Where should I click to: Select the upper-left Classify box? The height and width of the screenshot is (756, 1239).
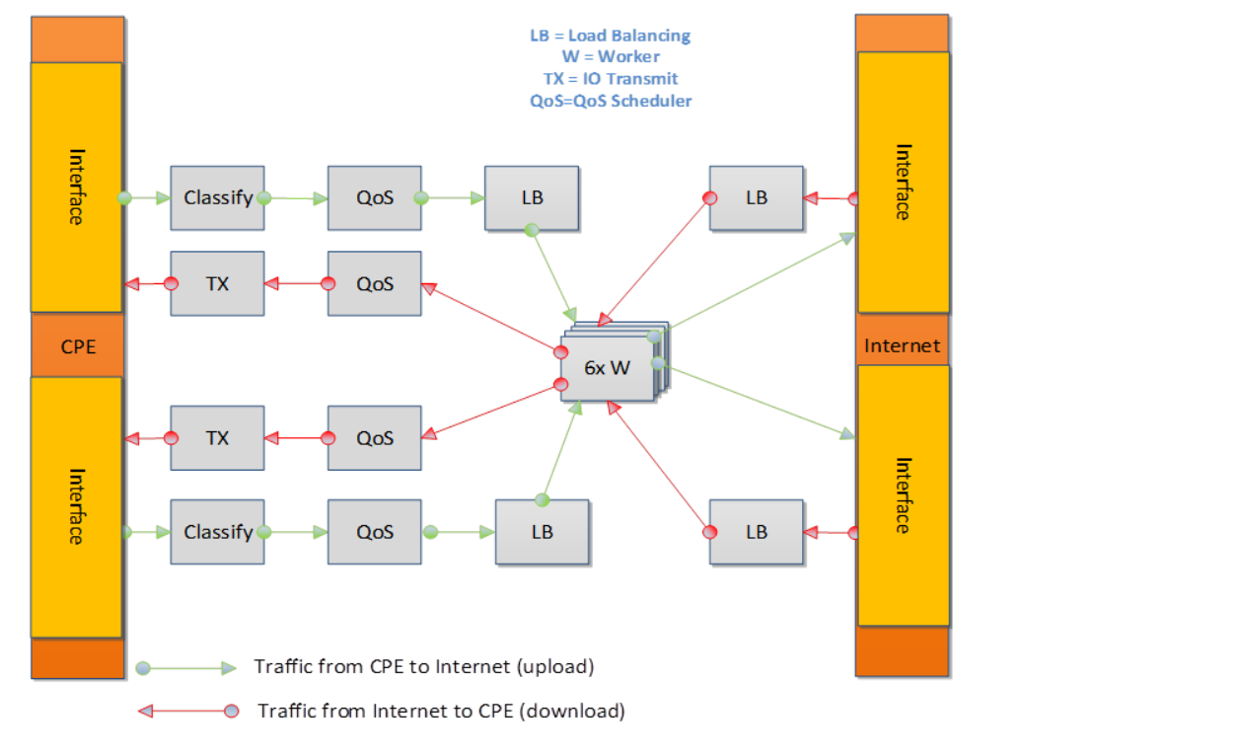(217, 197)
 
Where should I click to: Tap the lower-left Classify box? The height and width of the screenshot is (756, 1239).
(217, 532)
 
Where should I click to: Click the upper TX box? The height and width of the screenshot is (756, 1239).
(217, 283)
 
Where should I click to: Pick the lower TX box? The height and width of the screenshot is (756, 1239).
(217, 437)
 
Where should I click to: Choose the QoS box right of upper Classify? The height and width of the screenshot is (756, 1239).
(375, 197)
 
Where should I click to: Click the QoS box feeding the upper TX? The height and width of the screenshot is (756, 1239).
(375, 283)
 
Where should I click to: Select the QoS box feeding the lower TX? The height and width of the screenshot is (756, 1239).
(375, 437)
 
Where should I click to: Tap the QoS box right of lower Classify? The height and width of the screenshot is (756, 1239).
(375, 532)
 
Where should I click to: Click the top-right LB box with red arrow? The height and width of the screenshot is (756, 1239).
(756, 197)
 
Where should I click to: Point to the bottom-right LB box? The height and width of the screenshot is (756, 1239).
(756, 532)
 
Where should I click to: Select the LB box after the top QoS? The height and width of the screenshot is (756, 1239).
(532, 197)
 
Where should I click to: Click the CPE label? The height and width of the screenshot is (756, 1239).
(78, 346)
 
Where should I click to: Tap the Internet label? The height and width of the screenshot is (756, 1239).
(902, 345)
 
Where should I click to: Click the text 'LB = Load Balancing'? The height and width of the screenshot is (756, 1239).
(610, 36)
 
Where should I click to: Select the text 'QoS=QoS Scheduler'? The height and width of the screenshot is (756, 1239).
(611, 101)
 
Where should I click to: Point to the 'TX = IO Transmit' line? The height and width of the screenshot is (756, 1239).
(611, 79)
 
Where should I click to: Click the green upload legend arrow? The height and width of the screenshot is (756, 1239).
(187, 667)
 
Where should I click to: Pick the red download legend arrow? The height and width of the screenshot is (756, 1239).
(187, 711)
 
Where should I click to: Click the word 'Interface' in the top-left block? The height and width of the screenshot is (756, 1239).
(77, 187)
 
